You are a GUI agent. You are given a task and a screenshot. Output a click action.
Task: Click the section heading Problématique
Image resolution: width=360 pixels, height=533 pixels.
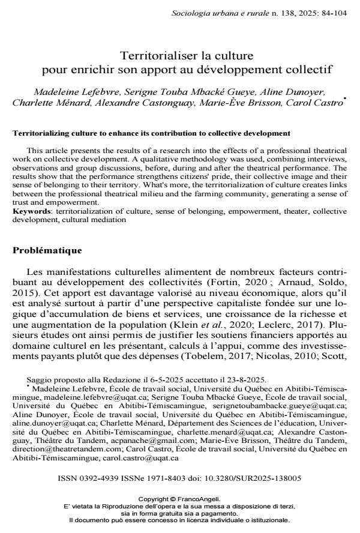(x=47, y=250)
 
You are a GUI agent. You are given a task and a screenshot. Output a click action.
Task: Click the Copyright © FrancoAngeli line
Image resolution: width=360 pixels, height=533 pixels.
(x=179, y=499)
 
